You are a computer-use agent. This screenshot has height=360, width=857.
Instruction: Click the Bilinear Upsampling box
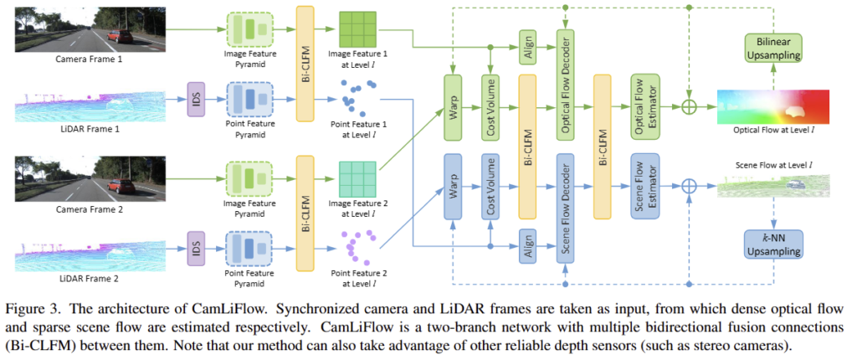tap(772, 47)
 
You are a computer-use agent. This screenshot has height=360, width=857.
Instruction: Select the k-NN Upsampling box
tap(772, 244)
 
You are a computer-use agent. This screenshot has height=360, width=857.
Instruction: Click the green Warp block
tap(454, 106)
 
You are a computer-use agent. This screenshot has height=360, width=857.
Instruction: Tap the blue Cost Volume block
tap(491, 185)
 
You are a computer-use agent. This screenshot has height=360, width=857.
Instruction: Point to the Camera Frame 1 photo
tap(69, 31)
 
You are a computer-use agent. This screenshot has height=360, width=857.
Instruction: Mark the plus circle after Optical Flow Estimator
tap(688, 107)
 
